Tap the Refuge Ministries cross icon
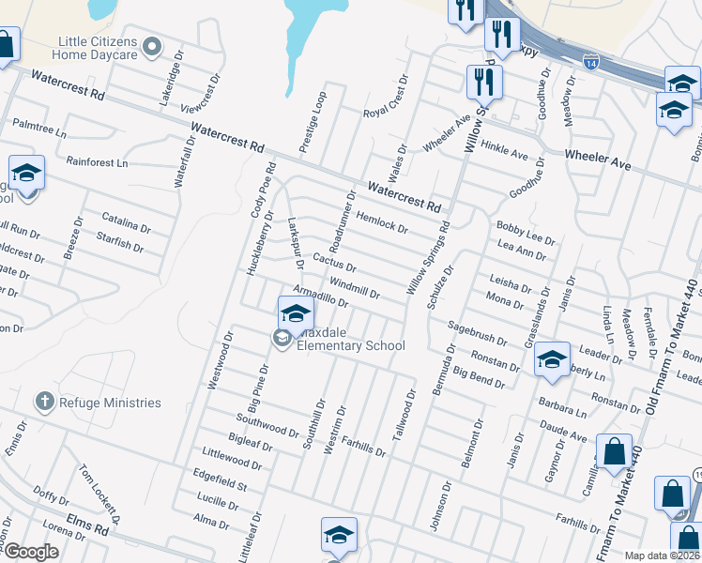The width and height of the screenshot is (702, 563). click(x=43, y=403)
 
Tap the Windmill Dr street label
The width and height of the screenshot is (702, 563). click(x=354, y=287)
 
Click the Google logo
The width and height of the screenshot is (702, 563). click(x=32, y=552)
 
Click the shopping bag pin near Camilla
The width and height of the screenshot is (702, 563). click(x=614, y=452)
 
